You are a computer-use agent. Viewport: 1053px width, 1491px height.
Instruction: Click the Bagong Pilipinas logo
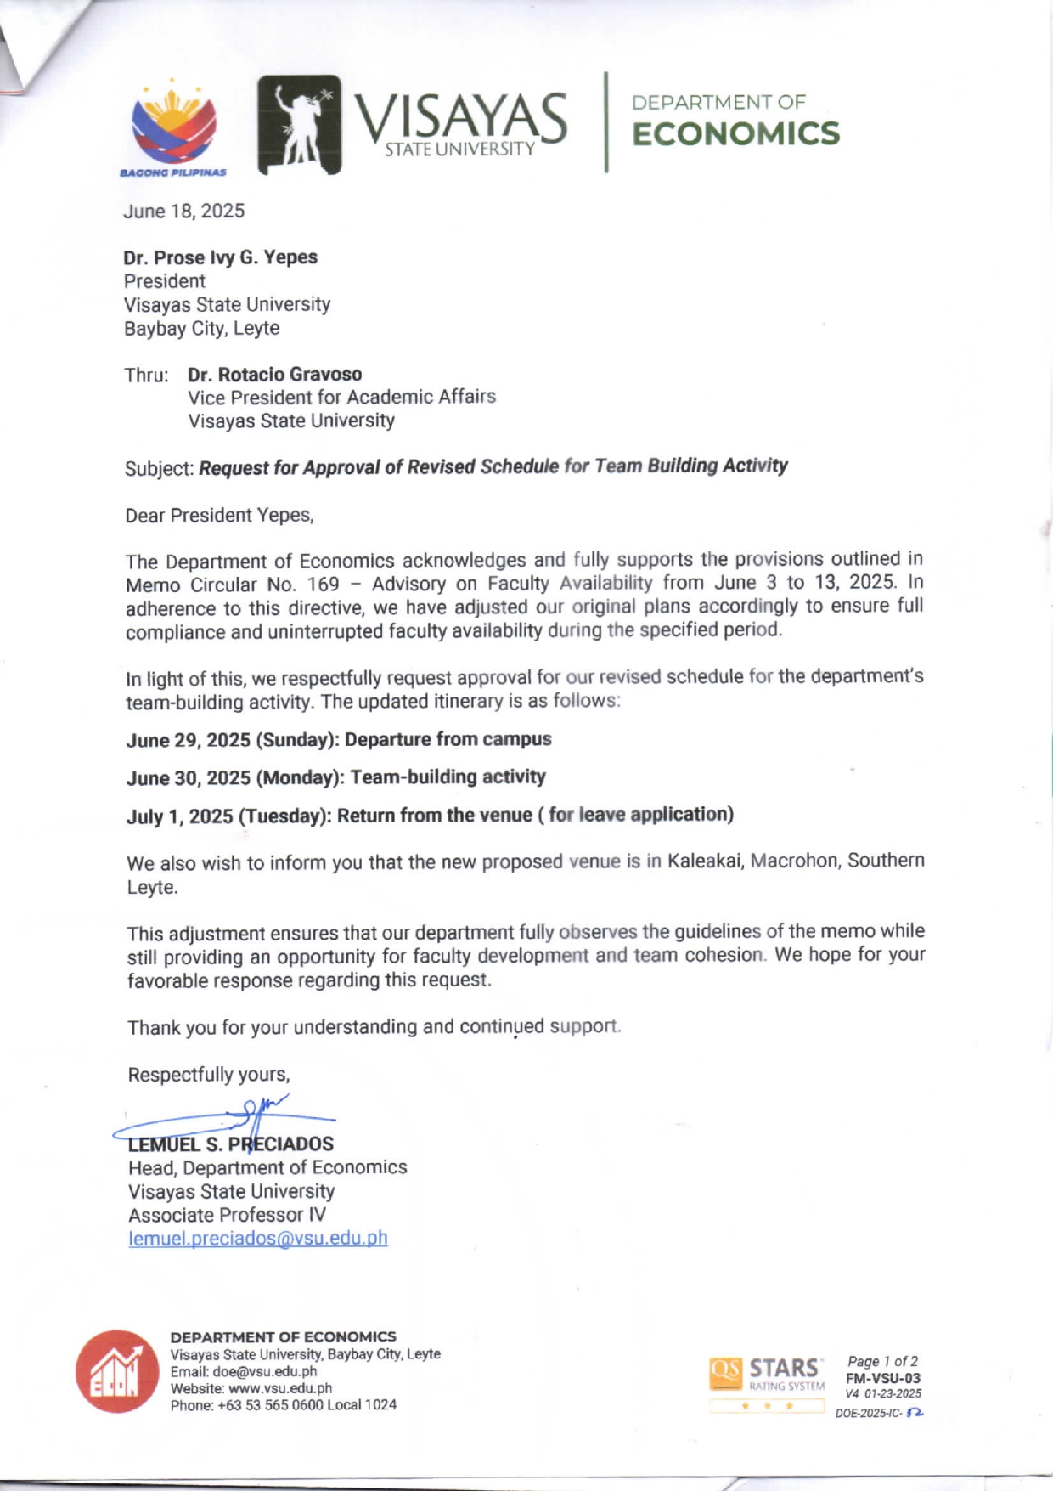[x=173, y=127]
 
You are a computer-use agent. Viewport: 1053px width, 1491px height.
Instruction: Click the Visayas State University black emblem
[x=299, y=125]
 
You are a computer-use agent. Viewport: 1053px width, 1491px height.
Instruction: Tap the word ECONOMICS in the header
[x=735, y=134]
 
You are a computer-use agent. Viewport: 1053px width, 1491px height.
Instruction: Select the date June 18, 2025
[x=183, y=212]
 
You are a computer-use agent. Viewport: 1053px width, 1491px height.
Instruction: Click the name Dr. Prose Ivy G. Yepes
[x=220, y=257]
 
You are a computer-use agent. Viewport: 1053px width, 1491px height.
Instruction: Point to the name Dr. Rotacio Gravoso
[x=274, y=375]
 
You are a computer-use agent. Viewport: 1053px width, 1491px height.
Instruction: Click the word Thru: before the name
[x=146, y=376]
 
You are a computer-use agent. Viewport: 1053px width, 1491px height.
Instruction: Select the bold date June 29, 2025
[x=188, y=740]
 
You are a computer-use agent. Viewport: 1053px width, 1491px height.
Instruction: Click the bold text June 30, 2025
[x=188, y=778]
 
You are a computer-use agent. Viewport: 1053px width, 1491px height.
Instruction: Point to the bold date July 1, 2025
[x=179, y=817]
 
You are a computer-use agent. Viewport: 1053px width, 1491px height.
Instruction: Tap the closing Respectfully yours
[x=208, y=1075]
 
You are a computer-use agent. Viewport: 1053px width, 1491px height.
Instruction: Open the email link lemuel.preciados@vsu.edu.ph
[x=257, y=1239]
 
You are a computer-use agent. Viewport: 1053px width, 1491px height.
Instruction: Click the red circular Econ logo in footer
[x=117, y=1371]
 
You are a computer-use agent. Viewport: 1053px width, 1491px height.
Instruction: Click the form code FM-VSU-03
[x=882, y=1378]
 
